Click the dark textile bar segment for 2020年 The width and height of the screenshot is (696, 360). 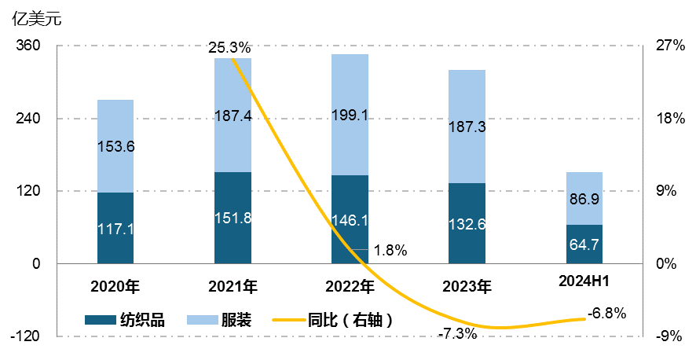[115, 228]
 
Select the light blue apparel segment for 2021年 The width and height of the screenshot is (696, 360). [233, 116]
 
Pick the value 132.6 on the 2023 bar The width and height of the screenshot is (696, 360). [467, 223]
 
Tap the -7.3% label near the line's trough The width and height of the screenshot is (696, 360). [456, 333]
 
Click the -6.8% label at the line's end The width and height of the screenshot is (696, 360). [606, 314]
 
